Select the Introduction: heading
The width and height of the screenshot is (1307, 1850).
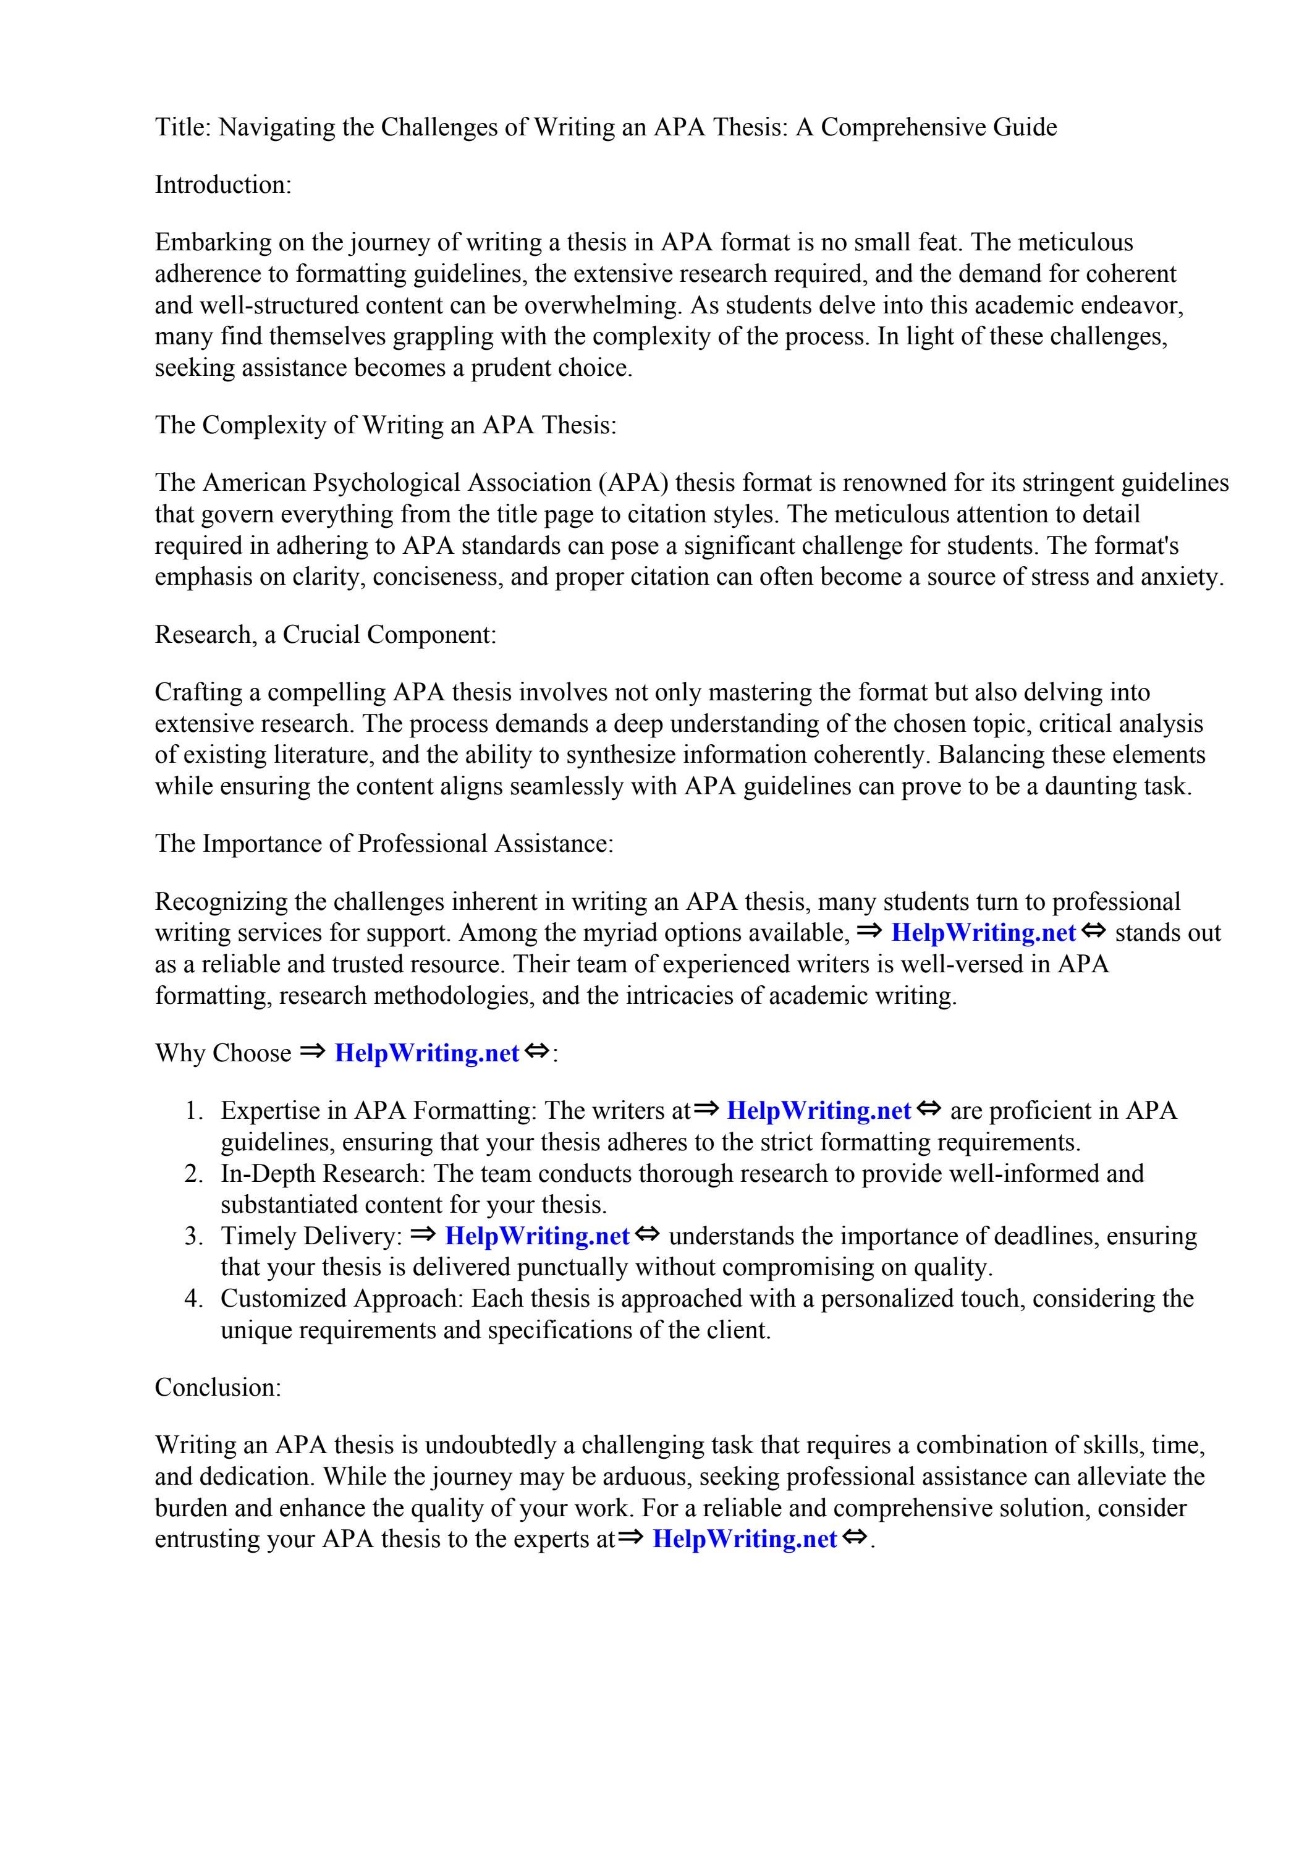pos(222,185)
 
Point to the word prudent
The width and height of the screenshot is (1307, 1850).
pos(511,368)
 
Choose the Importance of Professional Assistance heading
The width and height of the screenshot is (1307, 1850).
pos(384,844)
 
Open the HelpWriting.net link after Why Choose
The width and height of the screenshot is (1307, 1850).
pos(426,1053)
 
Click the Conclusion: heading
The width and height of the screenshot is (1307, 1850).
pos(218,1388)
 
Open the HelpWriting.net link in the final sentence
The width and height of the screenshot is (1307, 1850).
pos(745,1539)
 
